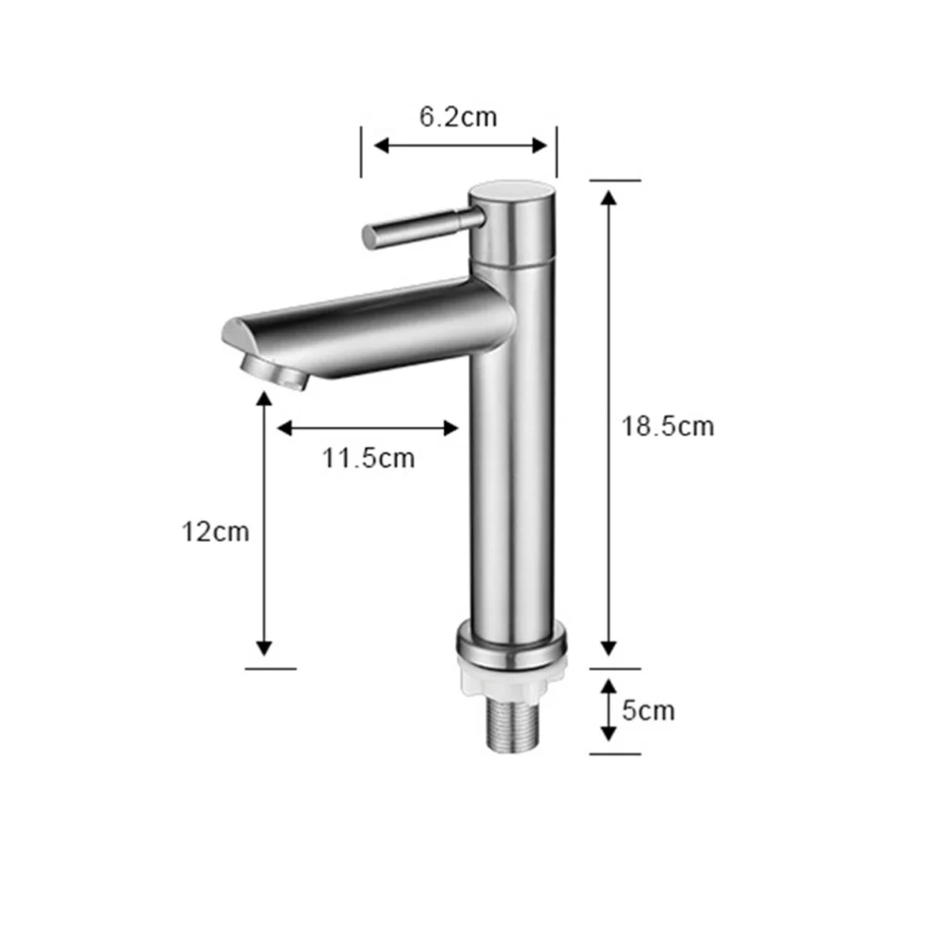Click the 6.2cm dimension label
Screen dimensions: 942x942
[458, 117]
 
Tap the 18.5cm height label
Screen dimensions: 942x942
[667, 426]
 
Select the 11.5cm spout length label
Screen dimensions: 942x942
[367, 459]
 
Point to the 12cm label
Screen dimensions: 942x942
[216, 531]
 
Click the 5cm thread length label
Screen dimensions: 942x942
[648, 709]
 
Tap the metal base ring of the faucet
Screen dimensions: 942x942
[512, 646]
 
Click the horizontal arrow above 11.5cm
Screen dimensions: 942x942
[367, 429]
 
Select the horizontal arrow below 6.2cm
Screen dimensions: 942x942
[460, 145]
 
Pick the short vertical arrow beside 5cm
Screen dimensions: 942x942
[609, 709]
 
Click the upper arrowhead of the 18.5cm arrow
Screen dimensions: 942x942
[609, 197]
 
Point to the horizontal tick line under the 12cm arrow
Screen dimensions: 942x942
[270, 669]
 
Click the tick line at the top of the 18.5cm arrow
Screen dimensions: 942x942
[615, 179]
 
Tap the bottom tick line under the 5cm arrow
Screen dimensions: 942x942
[615, 753]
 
